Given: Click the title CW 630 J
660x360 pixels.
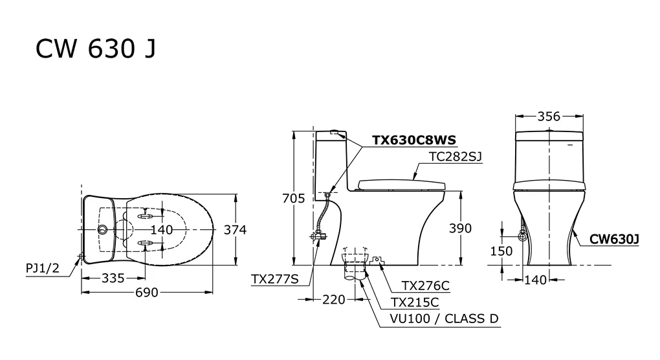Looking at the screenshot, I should (95, 49).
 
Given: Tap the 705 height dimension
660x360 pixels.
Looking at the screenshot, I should (293, 198).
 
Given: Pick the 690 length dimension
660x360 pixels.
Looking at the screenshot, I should (147, 293).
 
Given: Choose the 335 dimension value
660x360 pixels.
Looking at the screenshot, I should (112, 278).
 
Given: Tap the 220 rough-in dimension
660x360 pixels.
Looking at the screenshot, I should (334, 300).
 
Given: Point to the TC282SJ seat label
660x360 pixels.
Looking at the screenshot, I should (456, 156).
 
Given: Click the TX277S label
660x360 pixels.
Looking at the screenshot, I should (274, 279).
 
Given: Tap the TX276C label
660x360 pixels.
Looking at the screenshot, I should (425, 286).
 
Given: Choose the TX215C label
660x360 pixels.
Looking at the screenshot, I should (415, 302).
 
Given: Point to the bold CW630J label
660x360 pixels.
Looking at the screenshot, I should (615, 240).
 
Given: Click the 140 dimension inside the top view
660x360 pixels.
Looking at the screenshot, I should (162, 230).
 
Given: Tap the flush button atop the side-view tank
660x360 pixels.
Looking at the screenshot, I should (335, 133).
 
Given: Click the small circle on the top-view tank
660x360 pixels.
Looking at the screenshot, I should (102, 230).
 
